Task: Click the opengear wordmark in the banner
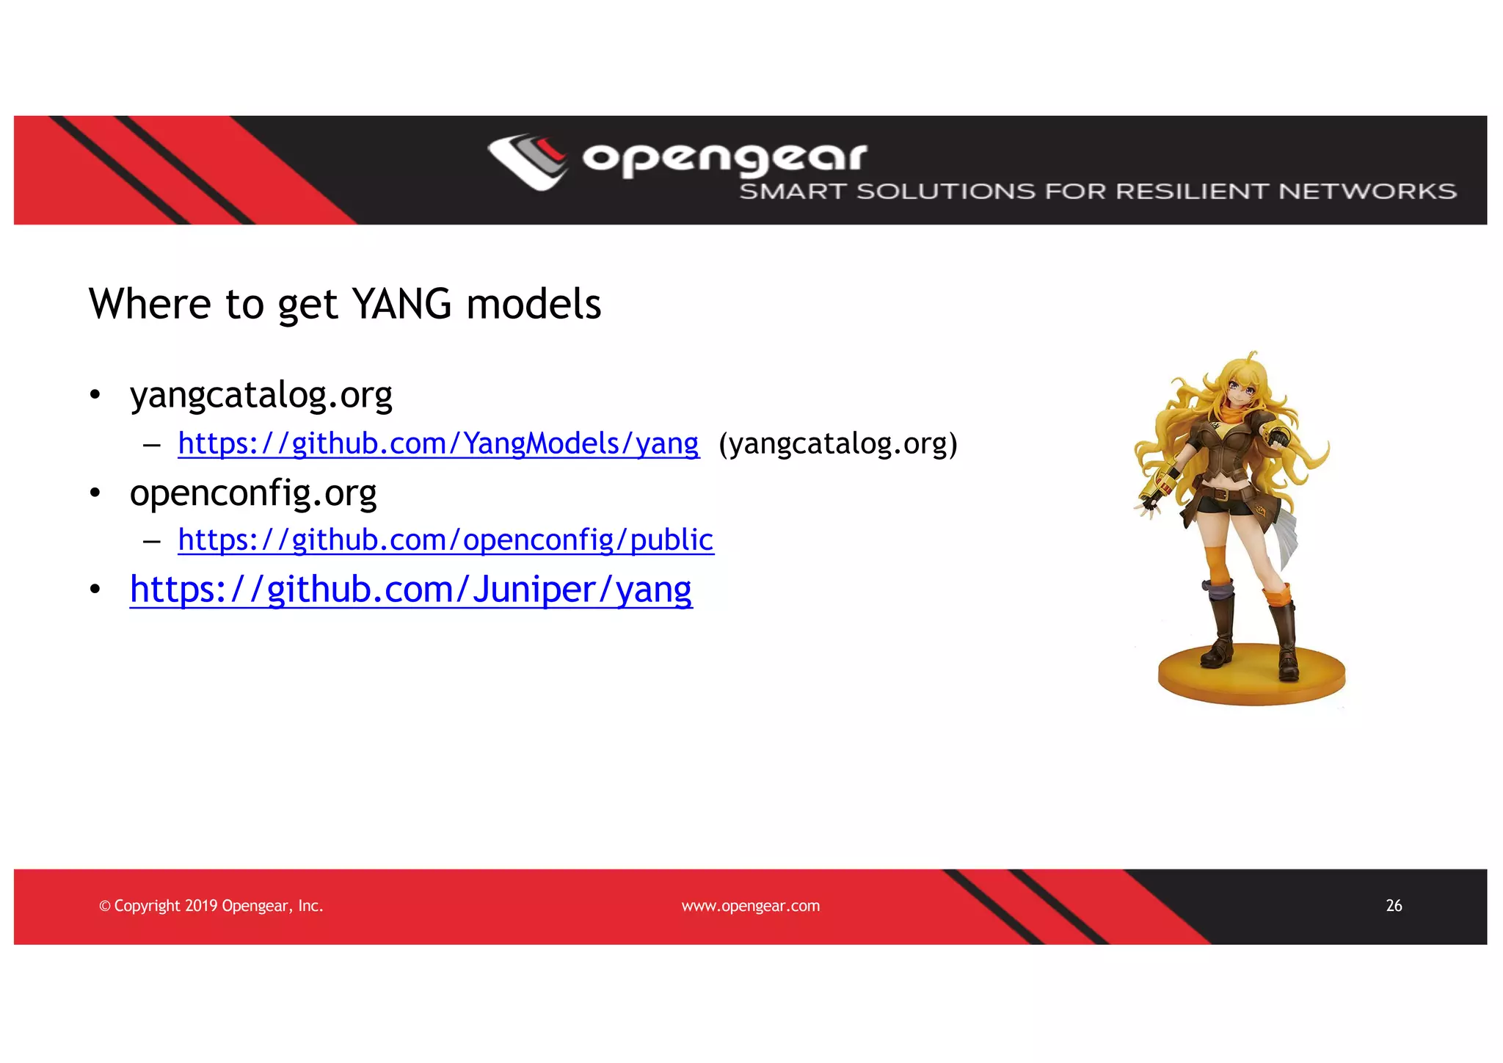point(724,158)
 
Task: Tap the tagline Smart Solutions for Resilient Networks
point(1097,192)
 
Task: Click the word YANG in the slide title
point(401,304)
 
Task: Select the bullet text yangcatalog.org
point(261,395)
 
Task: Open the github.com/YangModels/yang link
point(438,444)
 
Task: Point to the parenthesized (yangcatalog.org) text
point(838,444)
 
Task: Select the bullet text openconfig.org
point(252,493)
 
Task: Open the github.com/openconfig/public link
point(445,540)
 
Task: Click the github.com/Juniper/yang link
point(411,589)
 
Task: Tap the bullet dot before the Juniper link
point(95,589)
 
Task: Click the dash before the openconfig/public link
point(152,542)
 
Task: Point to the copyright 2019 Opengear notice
point(211,906)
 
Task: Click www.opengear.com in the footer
point(750,906)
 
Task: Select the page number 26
point(1394,906)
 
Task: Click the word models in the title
point(534,304)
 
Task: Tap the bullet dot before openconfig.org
point(95,493)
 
